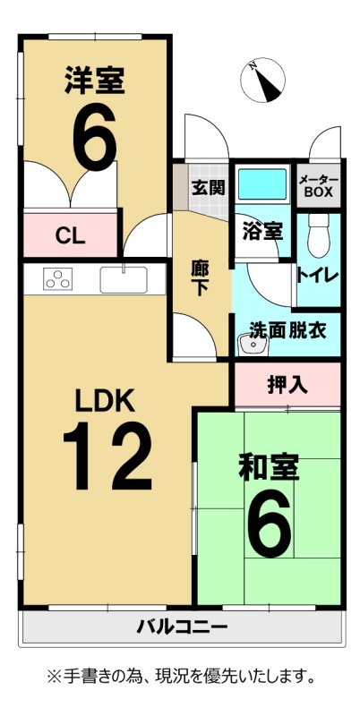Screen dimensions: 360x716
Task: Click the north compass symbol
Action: [262, 80]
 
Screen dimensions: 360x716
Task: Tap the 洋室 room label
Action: [95, 81]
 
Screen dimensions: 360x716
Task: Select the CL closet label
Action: [71, 236]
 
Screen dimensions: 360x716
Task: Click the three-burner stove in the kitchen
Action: [57, 278]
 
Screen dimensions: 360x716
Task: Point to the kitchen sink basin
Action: [124, 279]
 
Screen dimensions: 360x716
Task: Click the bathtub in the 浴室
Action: [262, 184]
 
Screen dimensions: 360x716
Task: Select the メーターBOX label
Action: [319, 186]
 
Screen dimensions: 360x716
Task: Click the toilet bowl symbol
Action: [318, 234]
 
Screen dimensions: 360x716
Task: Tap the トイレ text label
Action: [318, 276]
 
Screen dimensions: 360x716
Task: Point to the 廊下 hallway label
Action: [199, 279]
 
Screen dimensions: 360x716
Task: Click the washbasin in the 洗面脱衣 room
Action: [253, 345]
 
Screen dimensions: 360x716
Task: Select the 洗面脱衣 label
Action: [287, 330]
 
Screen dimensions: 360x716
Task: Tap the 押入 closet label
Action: [287, 386]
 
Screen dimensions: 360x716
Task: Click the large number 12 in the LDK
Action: [107, 456]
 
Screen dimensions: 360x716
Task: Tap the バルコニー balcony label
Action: [182, 626]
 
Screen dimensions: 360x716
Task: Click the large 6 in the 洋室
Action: [95, 136]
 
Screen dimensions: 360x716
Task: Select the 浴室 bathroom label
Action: [261, 232]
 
